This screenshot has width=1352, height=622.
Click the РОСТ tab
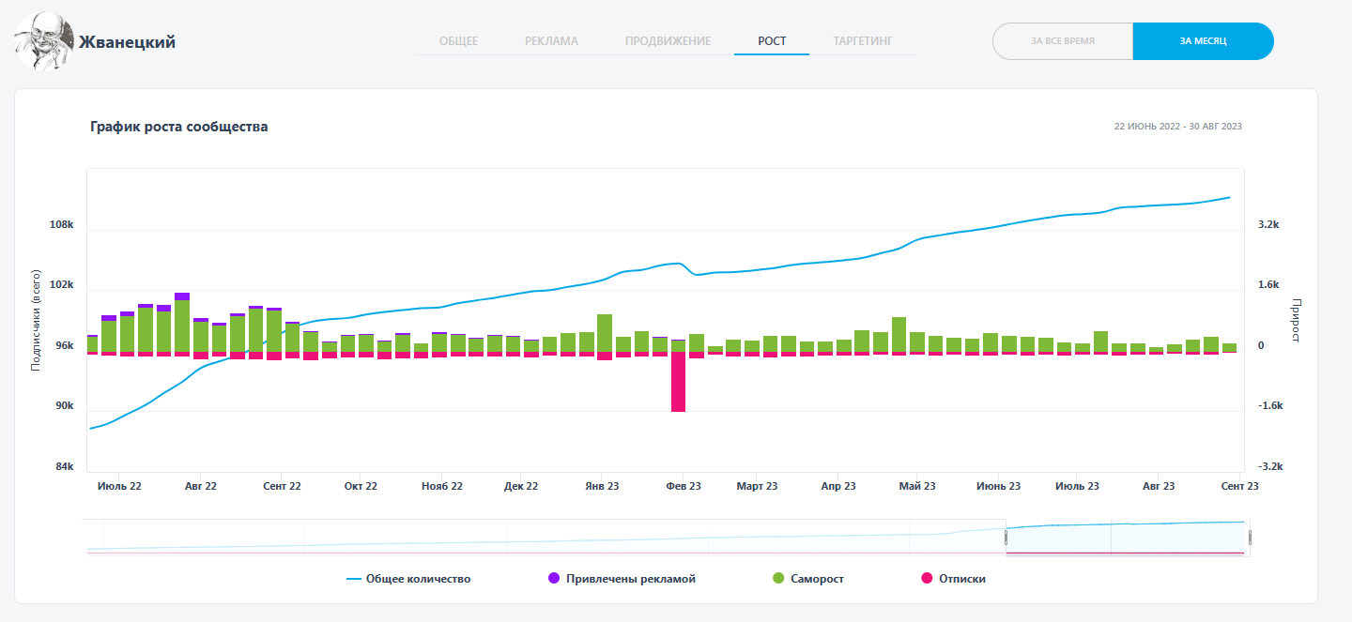pos(772,41)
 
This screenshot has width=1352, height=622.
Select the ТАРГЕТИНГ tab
pos(862,41)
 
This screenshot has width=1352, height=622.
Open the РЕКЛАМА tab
pos(551,41)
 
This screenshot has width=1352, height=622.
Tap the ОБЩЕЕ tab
pos(458,41)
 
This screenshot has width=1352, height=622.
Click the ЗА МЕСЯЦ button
pos(1203,41)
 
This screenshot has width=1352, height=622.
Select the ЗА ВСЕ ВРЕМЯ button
pos(1063,41)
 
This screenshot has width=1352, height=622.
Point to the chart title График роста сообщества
pos(179,127)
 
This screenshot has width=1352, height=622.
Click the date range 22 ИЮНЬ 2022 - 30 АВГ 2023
pos(1177,126)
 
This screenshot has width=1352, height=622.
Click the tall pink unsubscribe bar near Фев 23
pos(678,382)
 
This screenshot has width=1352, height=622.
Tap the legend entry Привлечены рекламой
pos(622,579)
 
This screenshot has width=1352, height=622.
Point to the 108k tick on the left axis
pos(61,225)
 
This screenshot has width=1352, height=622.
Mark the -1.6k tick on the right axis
pos(1269,406)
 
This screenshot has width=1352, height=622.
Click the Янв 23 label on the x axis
pos(602,486)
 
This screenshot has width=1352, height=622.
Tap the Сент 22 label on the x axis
pos(282,486)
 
